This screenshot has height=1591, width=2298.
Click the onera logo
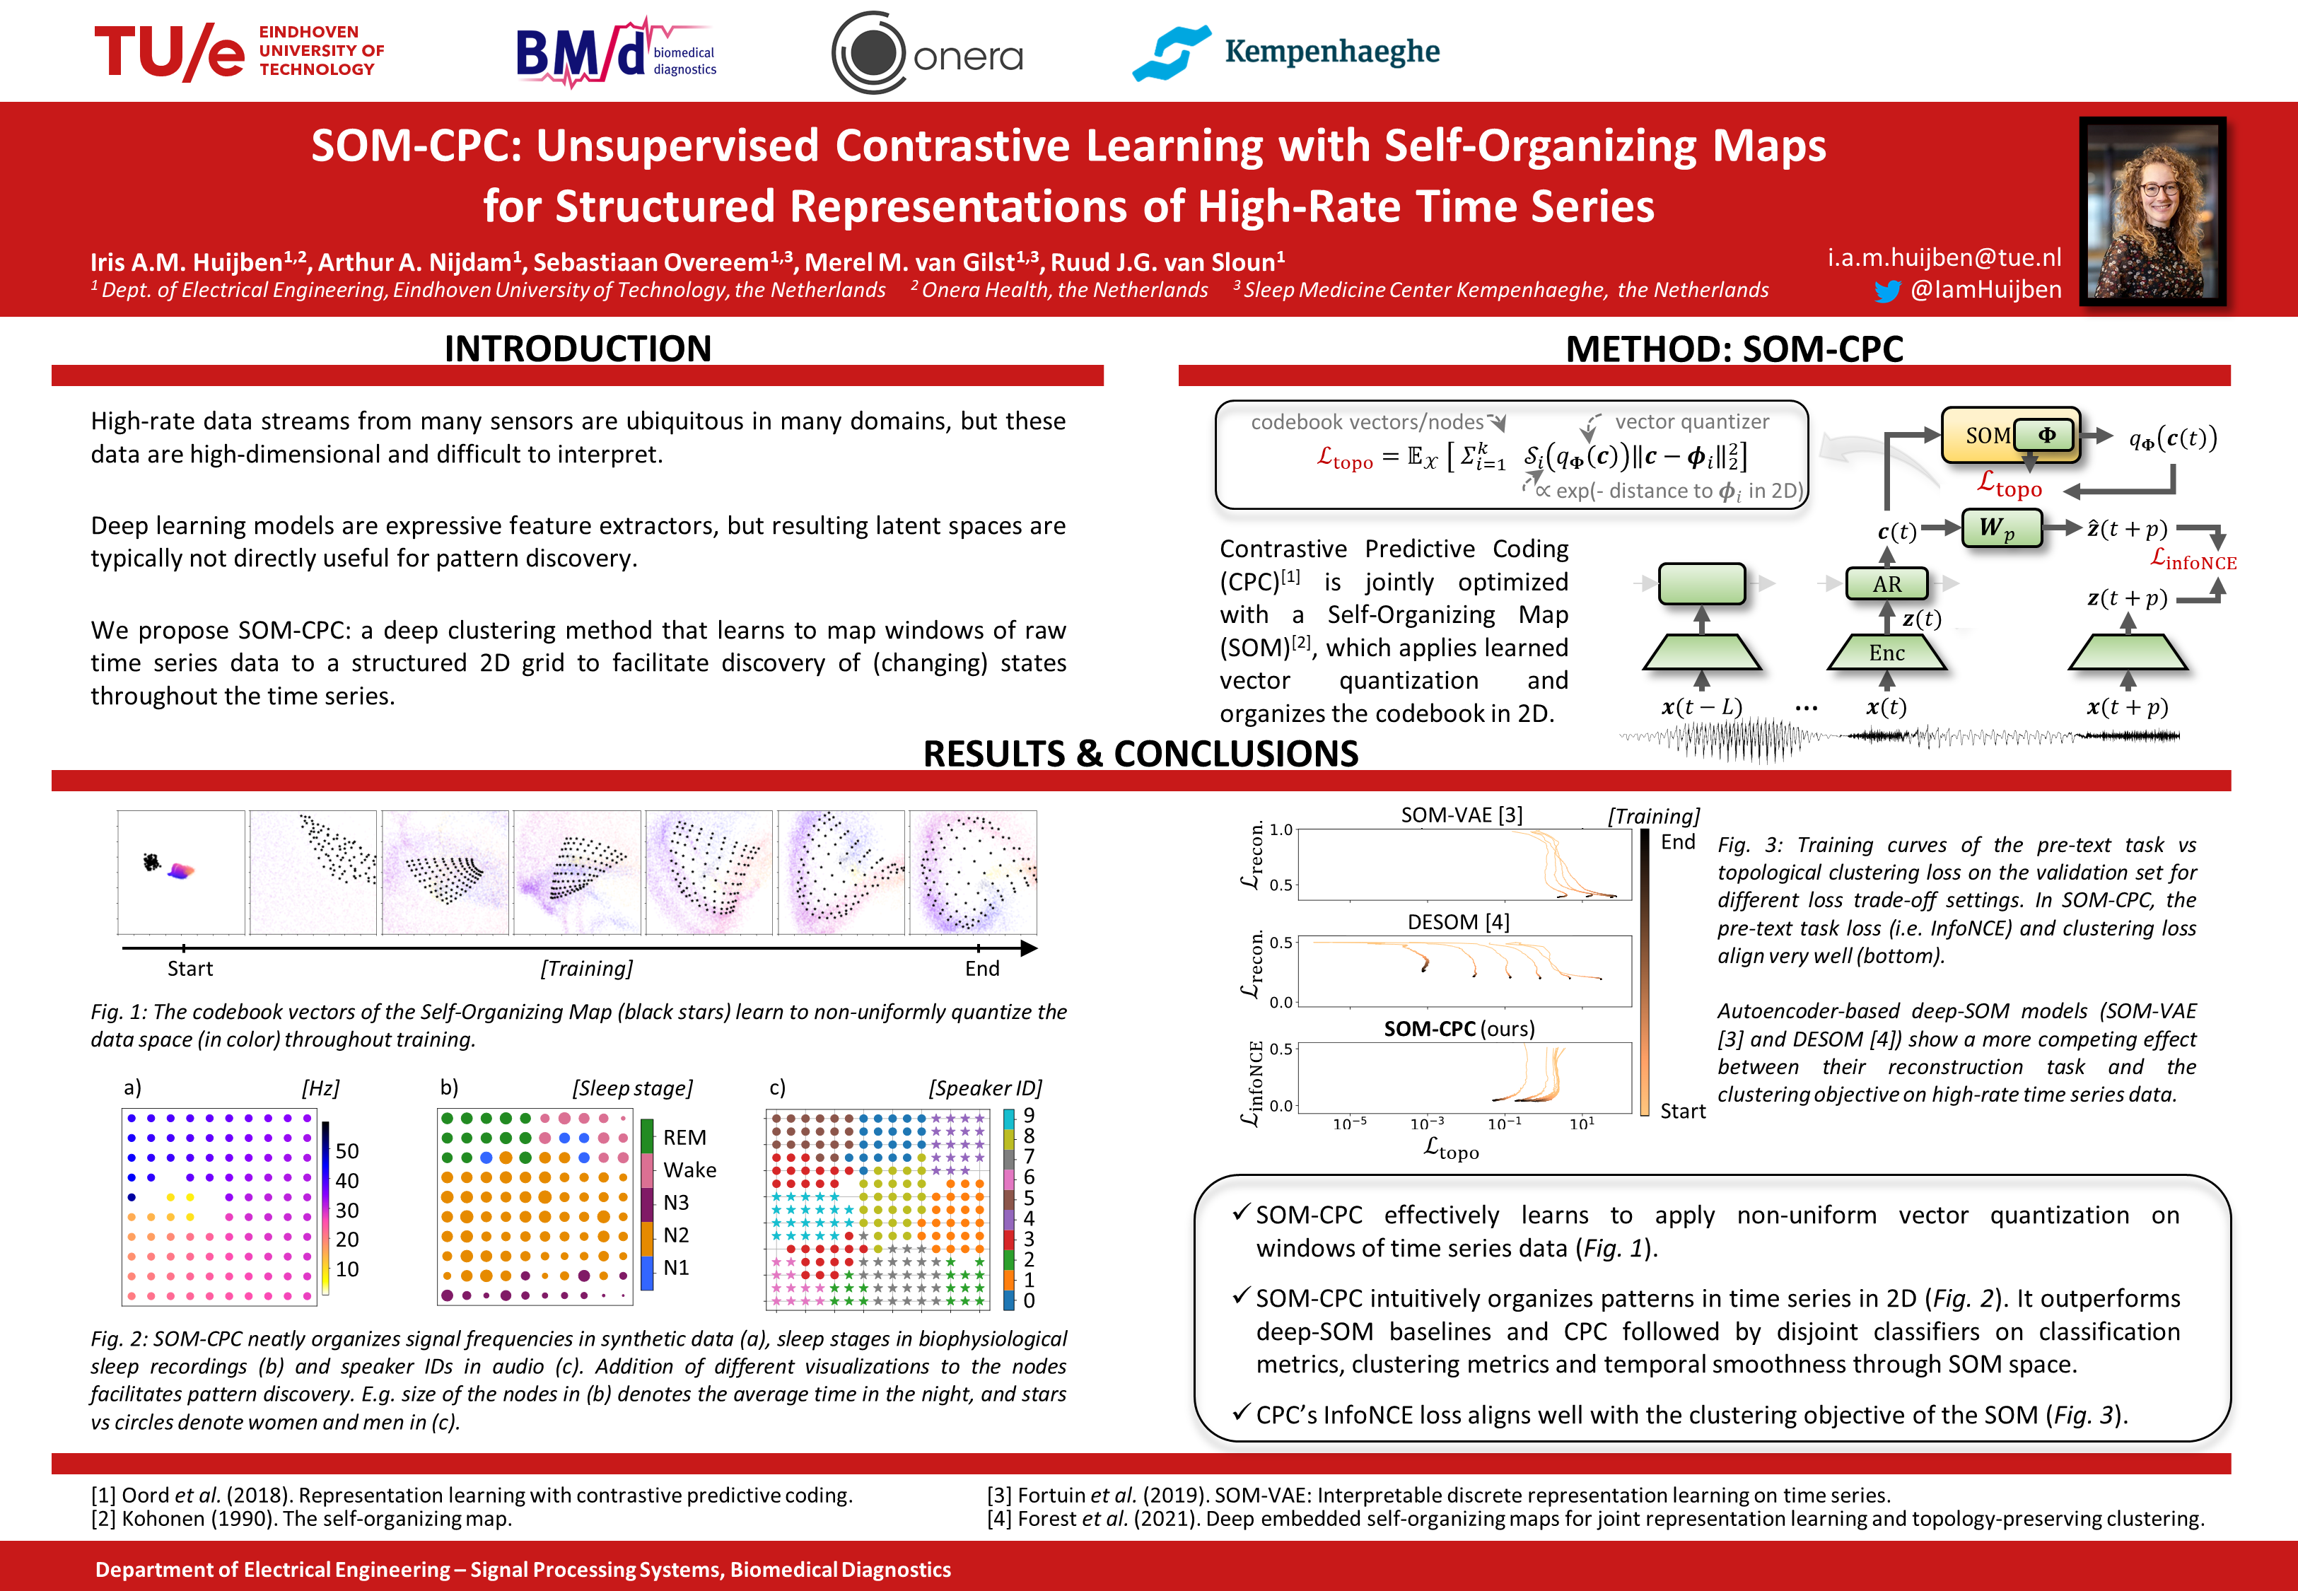[x=927, y=54]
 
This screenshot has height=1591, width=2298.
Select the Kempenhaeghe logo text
[x=1331, y=51]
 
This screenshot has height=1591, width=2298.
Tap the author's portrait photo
[x=2152, y=211]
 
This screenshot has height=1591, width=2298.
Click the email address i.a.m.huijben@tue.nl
[x=1943, y=257]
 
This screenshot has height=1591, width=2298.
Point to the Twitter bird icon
[x=1886, y=291]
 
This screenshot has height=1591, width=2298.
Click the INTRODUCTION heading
[x=577, y=348]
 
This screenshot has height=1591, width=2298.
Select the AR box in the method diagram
[x=1886, y=583]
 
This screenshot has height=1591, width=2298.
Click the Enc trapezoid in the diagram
[x=1886, y=653]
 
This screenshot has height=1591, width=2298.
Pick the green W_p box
[x=2000, y=528]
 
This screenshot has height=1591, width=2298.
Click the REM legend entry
[x=684, y=1138]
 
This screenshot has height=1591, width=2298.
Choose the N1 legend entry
[x=676, y=1267]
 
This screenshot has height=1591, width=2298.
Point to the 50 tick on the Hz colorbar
[x=346, y=1150]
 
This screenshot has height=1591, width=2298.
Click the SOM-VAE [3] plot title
[x=1461, y=815]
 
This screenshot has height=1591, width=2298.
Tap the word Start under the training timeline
[x=189, y=968]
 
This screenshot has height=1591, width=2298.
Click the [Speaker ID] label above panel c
[x=984, y=1088]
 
